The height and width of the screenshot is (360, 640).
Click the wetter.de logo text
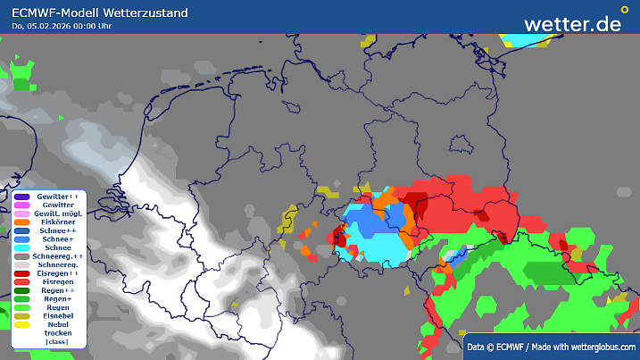tap(572, 23)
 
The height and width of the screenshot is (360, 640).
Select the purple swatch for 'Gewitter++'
tap(22, 196)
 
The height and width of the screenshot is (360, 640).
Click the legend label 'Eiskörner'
tap(58, 222)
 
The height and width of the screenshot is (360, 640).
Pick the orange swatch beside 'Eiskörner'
tap(22, 222)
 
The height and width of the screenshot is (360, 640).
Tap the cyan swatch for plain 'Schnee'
tap(22, 247)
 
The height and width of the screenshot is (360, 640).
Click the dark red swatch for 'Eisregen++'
tap(22, 273)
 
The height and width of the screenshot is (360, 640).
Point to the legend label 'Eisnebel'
tap(58, 316)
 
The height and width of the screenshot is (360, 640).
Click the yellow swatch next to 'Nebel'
tap(22, 325)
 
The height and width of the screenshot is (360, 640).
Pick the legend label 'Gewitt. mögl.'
tap(58, 213)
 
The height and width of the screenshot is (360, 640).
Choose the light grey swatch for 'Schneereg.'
tap(22, 264)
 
